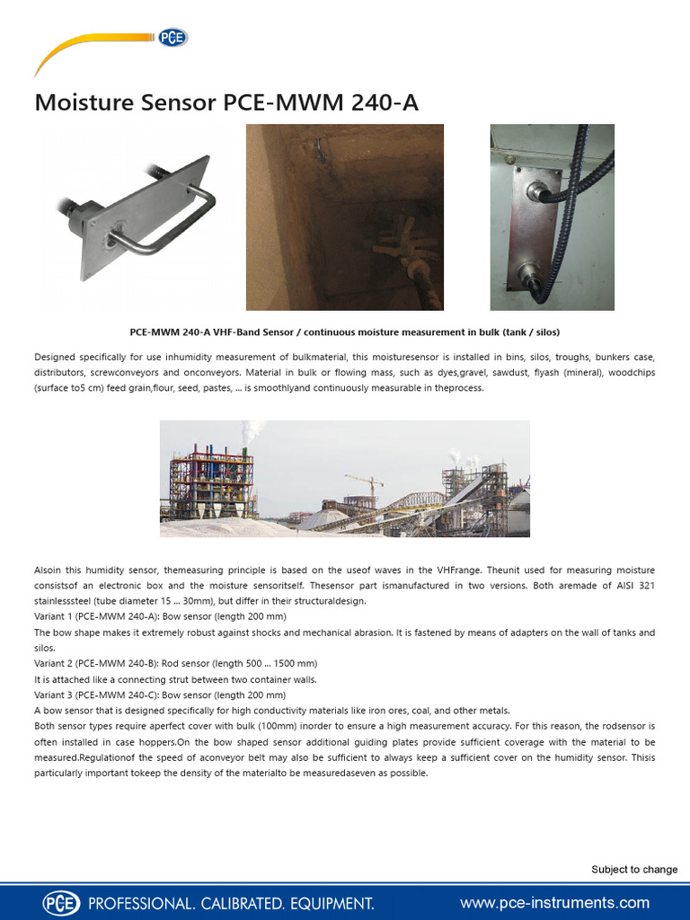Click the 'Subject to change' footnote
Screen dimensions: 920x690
[x=634, y=869]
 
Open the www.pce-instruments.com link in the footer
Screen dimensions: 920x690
[x=554, y=902]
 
